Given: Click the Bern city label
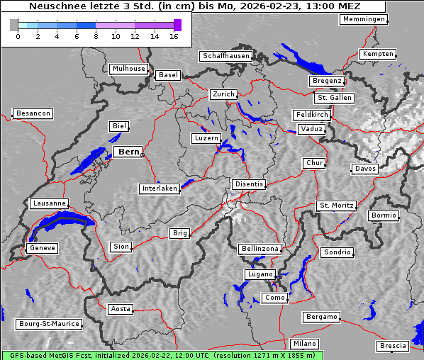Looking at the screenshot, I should (128, 152).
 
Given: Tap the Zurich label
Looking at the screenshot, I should (223, 94).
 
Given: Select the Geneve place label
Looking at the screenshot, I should (42, 248).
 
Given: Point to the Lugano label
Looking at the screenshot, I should (259, 274).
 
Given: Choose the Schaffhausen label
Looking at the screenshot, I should (226, 55).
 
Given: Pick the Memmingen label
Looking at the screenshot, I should (364, 19).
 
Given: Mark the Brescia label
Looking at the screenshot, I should (393, 345).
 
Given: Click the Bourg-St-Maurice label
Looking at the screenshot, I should (49, 324).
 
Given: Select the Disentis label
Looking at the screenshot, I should (249, 184).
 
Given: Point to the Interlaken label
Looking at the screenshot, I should (160, 189).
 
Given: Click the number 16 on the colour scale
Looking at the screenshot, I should (174, 36).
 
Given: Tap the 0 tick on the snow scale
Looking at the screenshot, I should (18, 36).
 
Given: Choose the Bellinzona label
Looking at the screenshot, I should (260, 249).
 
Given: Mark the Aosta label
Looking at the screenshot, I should (120, 309).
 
